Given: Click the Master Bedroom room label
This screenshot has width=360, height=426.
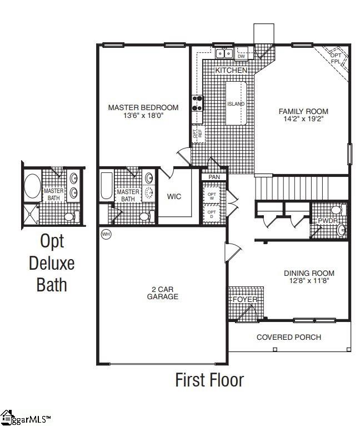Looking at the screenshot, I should pos(143,107).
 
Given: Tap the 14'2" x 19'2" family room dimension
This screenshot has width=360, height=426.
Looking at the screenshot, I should pos(303,119).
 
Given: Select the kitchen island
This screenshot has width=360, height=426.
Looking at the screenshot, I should pos(236,104).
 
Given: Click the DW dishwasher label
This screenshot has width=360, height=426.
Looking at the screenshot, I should pos(241,56).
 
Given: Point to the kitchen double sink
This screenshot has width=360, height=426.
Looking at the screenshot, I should pos(224,54).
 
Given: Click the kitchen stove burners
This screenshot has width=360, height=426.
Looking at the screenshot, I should pos(198,102).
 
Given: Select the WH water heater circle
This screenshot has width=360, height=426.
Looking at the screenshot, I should pos(106,235).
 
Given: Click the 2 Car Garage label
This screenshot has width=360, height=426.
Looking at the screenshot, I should pos(163,293).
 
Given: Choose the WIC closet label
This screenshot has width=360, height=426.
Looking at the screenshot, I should pos(174,197).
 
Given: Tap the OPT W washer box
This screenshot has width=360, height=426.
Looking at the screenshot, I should pos(212,196).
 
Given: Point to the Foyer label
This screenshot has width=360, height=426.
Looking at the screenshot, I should pos(245,299).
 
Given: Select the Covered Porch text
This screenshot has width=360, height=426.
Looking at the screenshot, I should pos(288,337).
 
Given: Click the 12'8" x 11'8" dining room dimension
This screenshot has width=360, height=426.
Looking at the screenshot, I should pos(309,281).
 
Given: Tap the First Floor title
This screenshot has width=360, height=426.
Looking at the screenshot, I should pos(209,380).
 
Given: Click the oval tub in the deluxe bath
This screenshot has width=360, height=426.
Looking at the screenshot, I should pos(32,186).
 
